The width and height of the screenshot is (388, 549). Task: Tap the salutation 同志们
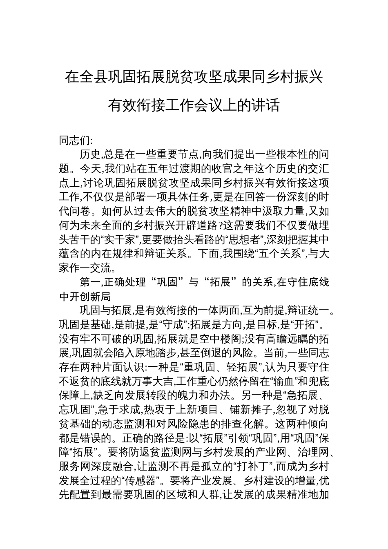coord(75,141)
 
